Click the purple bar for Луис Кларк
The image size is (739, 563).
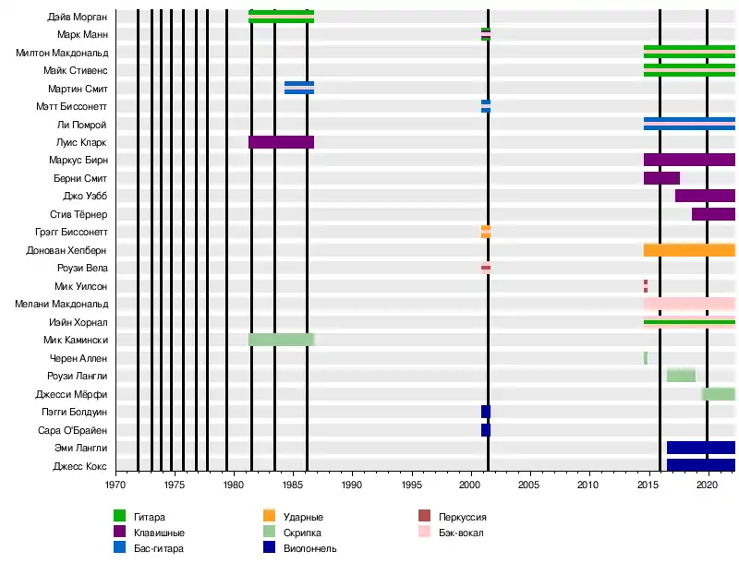point(281,142)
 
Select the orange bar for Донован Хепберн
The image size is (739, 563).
point(689,250)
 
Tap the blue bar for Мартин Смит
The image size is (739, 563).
point(298,88)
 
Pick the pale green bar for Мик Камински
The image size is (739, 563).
point(281,340)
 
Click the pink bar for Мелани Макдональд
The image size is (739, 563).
point(689,304)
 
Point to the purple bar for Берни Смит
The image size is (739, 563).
point(661,178)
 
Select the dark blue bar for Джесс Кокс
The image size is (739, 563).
point(700,465)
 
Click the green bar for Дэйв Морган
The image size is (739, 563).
point(281,16)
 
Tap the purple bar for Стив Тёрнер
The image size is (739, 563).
point(713,214)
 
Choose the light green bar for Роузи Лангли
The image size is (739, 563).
point(681,376)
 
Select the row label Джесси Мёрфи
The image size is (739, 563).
point(77,394)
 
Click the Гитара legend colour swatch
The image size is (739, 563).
point(119,517)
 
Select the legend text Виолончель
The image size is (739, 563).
point(309,549)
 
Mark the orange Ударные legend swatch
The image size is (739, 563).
point(270,517)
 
